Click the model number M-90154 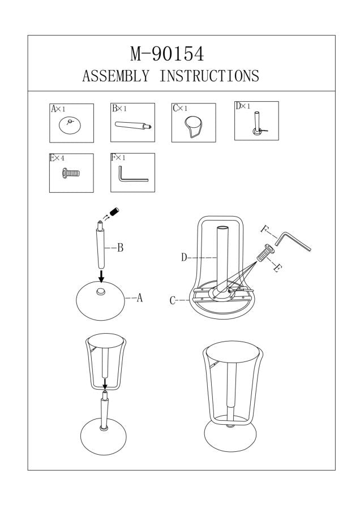pos(167,54)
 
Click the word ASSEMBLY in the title pos(116,76)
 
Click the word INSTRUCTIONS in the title pos(209,76)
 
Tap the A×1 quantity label pos(59,109)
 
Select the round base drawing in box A pos(71,126)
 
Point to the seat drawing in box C pos(192,126)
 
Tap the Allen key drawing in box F pos(131,176)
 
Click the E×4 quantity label pos(57,158)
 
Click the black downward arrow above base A pos(101,277)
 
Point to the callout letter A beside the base pos(139,298)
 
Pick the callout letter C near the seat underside pos(173,301)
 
